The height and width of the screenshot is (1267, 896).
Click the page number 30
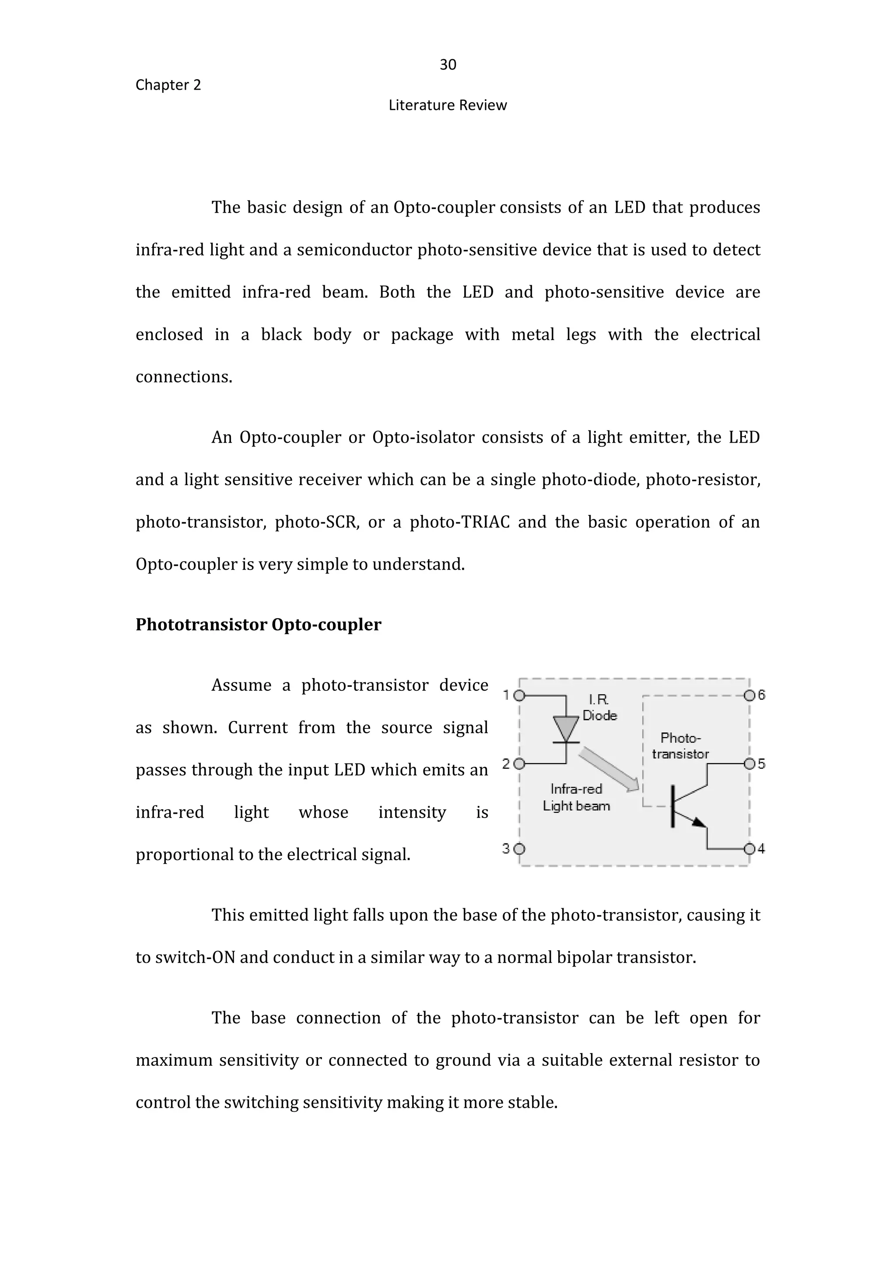pos(448,65)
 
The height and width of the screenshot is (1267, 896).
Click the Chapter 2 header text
pos(168,85)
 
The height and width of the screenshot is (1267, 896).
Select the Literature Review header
pos(448,105)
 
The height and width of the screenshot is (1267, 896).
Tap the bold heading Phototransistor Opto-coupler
pos(258,625)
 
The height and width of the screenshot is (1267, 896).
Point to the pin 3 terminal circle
pos(519,849)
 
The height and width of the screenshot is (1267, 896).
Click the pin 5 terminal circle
pos(749,764)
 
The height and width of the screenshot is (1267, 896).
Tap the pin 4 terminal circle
pos(749,849)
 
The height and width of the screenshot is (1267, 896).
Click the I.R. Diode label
pos(599,708)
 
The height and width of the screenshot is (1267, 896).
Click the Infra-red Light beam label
pos(576,798)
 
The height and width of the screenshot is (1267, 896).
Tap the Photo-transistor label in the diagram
pos(680,746)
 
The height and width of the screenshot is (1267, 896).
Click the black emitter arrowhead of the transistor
pos(699,822)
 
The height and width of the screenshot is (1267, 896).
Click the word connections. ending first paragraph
pos(184,377)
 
